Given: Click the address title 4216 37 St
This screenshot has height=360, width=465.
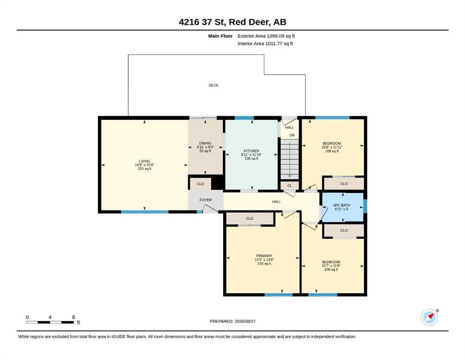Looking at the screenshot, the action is [203, 22].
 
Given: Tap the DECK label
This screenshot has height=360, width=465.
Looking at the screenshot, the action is [214, 85].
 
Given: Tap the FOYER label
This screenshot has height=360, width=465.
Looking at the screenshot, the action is [206, 200].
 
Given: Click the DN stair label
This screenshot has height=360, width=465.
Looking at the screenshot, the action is [292, 135].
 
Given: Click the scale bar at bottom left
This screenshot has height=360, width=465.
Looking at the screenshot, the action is [50, 322].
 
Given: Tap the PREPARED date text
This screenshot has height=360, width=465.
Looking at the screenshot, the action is [232, 321].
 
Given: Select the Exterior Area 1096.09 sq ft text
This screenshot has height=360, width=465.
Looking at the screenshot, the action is [266, 36].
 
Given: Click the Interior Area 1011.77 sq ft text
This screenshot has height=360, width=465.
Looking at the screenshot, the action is [265, 44].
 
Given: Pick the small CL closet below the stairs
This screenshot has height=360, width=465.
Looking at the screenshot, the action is [290, 186].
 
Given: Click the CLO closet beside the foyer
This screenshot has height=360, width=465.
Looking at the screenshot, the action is [200, 184].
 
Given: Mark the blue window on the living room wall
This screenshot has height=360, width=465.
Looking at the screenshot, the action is [145, 212].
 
